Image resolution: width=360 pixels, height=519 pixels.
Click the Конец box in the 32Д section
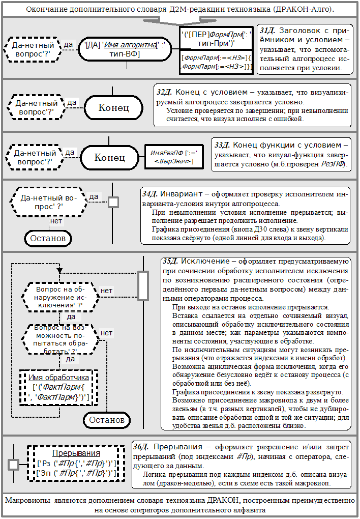(x=113, y=107)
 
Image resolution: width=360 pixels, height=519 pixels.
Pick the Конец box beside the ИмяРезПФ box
(x=110, y=157)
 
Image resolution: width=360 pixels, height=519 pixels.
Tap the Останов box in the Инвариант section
(x=46, y=238)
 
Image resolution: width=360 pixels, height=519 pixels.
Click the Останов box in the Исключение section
(x=106, y=420)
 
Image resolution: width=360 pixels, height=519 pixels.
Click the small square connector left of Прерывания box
(x=13, y=464)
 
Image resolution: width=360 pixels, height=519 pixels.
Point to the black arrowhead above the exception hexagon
(x=60, y=271)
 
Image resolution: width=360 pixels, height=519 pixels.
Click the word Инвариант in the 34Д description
(x=180, y=194)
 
